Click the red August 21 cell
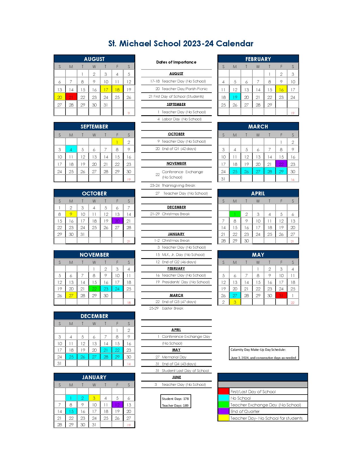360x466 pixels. (71, 97)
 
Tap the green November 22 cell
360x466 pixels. (94, 289)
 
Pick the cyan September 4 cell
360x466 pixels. (71, 149)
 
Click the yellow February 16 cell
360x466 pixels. (281, 90)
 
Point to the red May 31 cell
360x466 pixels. (281, 296)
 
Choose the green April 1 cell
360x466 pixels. (235, 214)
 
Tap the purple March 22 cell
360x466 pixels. (281, 164)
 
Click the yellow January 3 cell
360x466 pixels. (94, 398)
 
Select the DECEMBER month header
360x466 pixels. (94, 316)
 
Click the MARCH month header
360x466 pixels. (258, 127)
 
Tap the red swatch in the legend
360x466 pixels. (224, 391)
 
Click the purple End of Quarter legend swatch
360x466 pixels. (224, 411)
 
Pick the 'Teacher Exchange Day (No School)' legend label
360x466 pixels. (265, 405)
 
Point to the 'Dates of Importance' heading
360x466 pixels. (176, 62)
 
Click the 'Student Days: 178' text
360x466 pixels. (175, 399)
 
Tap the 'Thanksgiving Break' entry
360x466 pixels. (178, 186)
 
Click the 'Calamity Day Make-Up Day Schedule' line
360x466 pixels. (258, 350)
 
